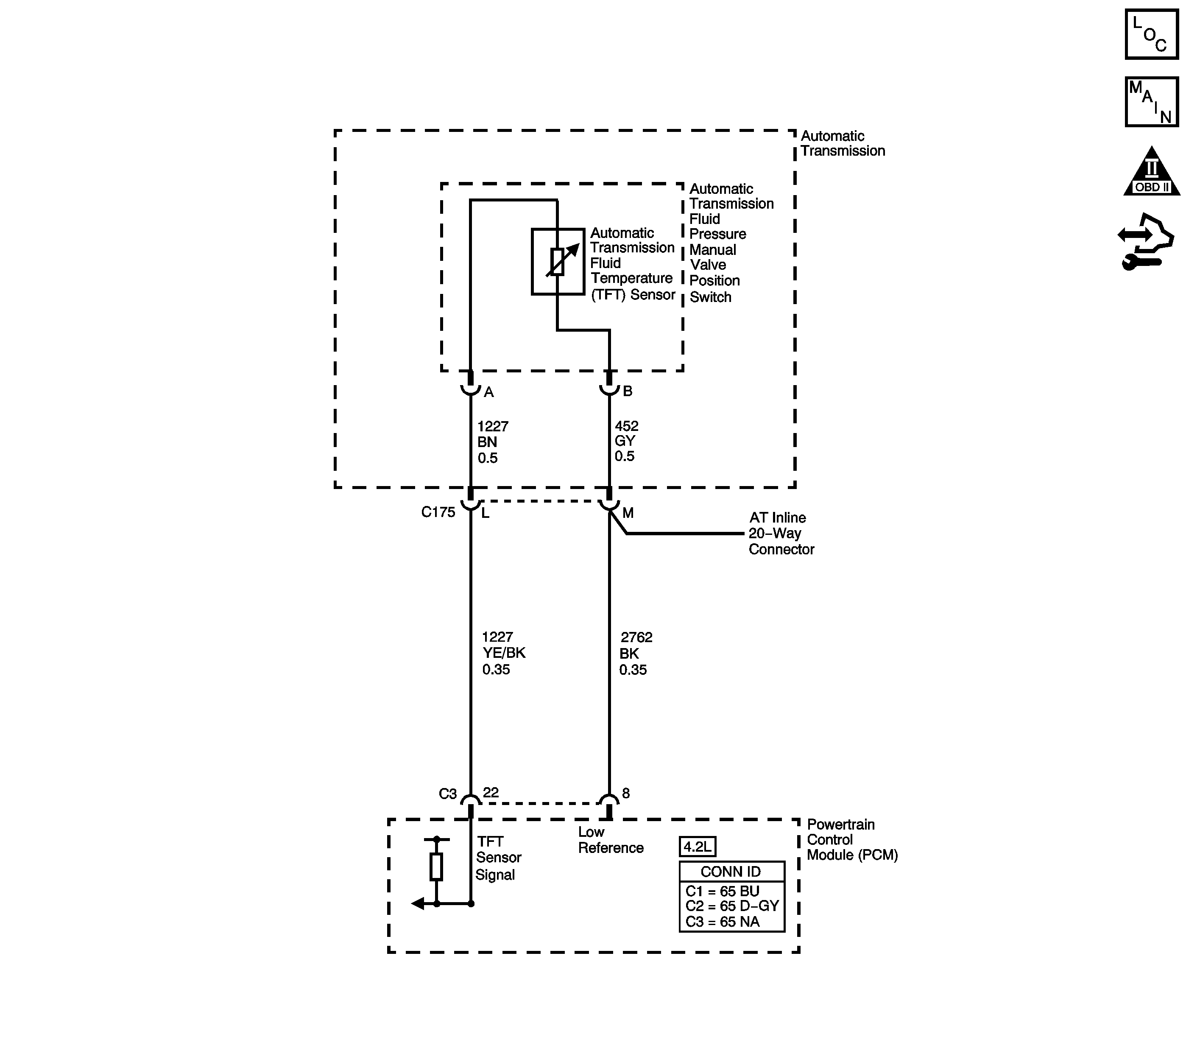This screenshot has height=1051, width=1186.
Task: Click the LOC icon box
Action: (x=1151, y=34)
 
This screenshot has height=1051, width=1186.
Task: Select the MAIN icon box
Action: (x=1151, y=101)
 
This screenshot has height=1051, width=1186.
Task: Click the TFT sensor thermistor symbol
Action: (x=558, y=262)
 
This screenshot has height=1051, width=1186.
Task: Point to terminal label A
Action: (x=488, y=392)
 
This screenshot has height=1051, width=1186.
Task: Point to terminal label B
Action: (x=627, y=391)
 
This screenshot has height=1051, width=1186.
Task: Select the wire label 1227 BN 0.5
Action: (x=492, y=442)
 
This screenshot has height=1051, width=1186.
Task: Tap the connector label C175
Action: (x=438, y=512)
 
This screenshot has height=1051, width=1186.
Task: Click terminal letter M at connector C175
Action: (x=628, y=513)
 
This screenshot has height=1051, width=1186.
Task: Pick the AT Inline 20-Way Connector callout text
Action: (x=780, y=533)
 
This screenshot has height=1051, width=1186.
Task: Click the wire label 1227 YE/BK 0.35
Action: (x=503, y=653)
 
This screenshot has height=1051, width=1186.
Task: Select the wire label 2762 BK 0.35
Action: (x=635, y=654)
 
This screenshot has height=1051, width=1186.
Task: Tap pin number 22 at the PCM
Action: (x=491, y=792)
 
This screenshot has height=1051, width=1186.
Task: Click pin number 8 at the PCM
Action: (x=625, y=793)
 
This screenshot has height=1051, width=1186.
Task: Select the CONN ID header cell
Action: (x=731, y=872)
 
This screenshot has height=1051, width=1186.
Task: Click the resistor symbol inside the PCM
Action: (x=436, y=867)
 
